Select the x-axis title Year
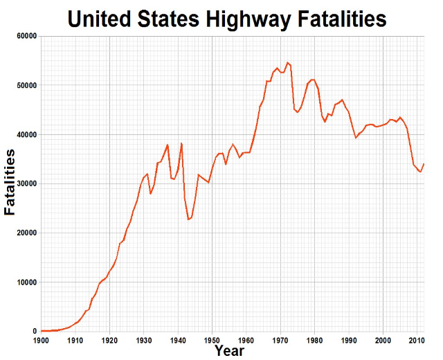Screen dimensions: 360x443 [x=229, y=351]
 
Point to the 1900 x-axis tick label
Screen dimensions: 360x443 [x=42, y=341]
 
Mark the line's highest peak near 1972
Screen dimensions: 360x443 [x=287, y=62]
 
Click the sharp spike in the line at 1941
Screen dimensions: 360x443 [x=181, y=143]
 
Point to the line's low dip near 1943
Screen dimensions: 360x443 [x=188, y=219]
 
